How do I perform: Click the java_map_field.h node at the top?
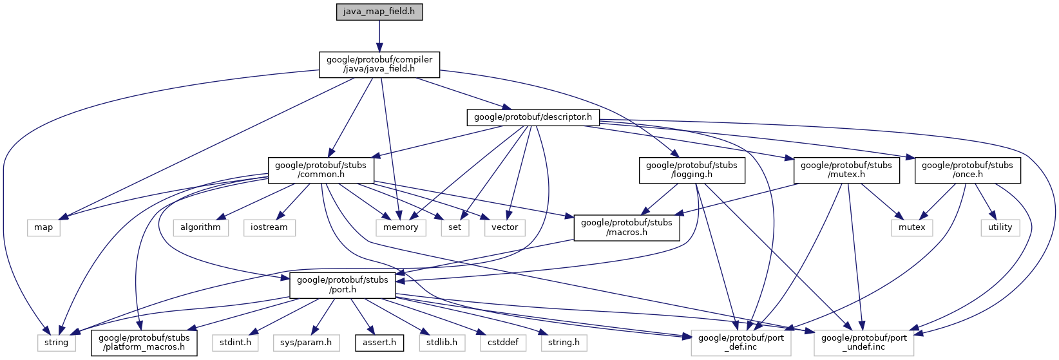point(379,12)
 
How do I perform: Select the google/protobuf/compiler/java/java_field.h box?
point(379,64)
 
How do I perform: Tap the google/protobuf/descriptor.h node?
point(533,117)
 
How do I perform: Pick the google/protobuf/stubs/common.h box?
point(320,170)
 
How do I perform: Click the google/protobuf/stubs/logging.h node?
point(691,170)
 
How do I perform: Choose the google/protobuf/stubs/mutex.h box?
point(846,170)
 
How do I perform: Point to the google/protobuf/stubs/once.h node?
point(967,170)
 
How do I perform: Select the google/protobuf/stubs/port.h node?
point(342,285)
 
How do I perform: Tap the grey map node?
point(43,227)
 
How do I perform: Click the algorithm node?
point(200,227)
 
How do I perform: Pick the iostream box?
point(269,227)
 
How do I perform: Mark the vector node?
point(504,227)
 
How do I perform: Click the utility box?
point(1000,227)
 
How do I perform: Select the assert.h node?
point(379,343)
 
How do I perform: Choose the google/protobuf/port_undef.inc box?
point(863,343)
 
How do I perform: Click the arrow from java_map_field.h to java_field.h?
point(379,35)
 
